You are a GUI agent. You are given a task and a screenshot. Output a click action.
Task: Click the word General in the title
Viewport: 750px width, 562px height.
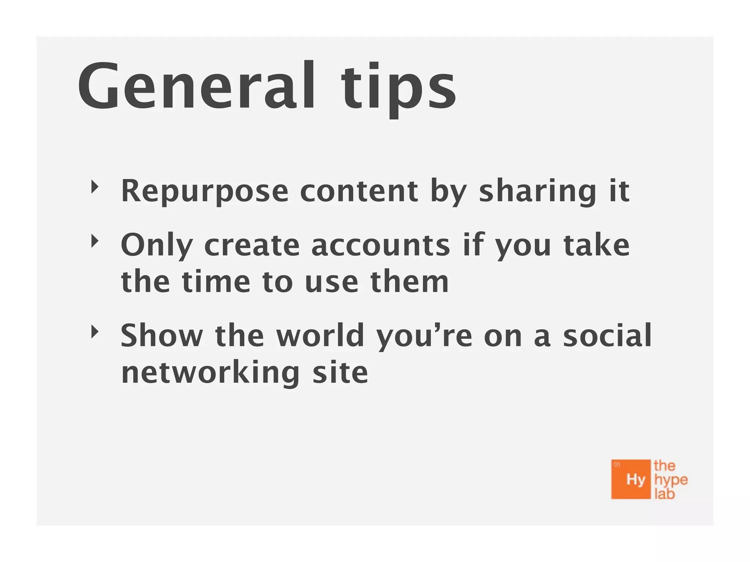coord(196,86)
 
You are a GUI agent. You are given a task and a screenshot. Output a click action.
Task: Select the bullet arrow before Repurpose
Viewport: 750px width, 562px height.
coord(95,187)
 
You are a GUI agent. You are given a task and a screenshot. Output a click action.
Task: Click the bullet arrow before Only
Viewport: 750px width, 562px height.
coord(95,241)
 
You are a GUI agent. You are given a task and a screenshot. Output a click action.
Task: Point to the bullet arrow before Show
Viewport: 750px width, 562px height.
coord(95,332)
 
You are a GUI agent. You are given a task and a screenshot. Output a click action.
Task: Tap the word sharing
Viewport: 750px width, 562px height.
coord(538,191)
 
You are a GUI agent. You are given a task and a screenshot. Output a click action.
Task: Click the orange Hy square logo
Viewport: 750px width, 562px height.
coord(631,479)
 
